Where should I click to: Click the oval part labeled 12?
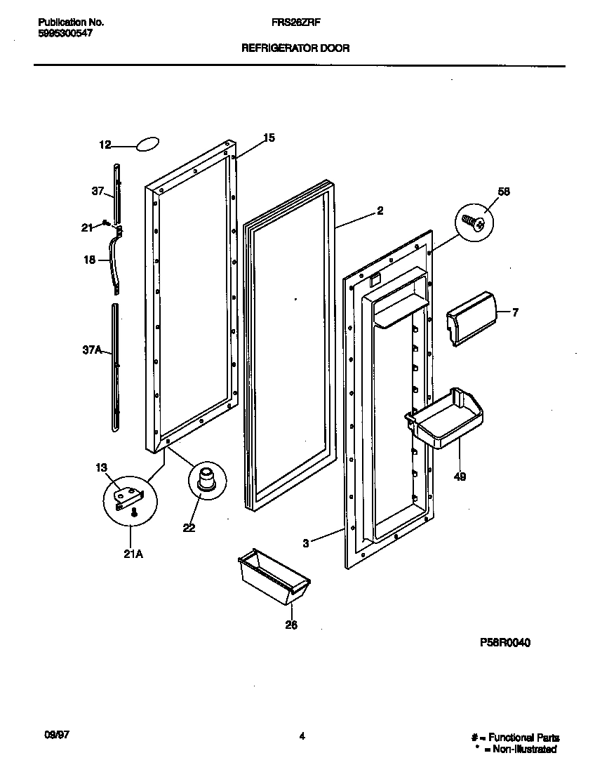(147, 144)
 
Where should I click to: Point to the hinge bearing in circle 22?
(207, 479)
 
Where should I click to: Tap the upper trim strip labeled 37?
(116, 192)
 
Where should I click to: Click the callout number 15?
(269, 138)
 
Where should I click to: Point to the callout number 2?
(380, 210)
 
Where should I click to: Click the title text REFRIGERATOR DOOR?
(295, 48)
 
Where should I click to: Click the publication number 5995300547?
(64, 32)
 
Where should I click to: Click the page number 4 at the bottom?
(302, 736)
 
